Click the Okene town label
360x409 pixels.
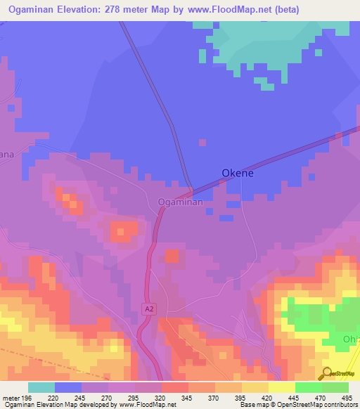click(237, 172)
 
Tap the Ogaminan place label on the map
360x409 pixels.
click(180, 202)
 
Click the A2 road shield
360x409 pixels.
click(148, 308)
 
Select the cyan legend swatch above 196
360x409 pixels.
click(41, 387)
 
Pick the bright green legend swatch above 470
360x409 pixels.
click(308, 387)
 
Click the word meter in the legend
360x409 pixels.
click(13, 397)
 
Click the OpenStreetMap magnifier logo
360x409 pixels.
click(326, 372)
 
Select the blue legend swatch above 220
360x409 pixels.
click(68, 387)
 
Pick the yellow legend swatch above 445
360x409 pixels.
click(282, 387)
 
